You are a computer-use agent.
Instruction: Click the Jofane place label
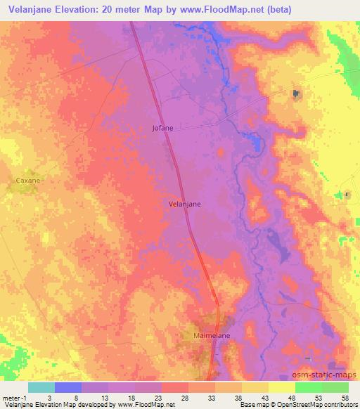[162, 128]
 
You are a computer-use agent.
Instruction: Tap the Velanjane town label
[185, 204]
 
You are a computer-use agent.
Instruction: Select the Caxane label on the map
[28, 181]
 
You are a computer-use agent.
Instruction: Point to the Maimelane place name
[212, 337]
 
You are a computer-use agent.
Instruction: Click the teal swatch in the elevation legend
[41, 387]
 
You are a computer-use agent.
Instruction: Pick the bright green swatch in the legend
[308, 387]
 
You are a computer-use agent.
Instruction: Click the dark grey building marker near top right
[296, 93]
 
